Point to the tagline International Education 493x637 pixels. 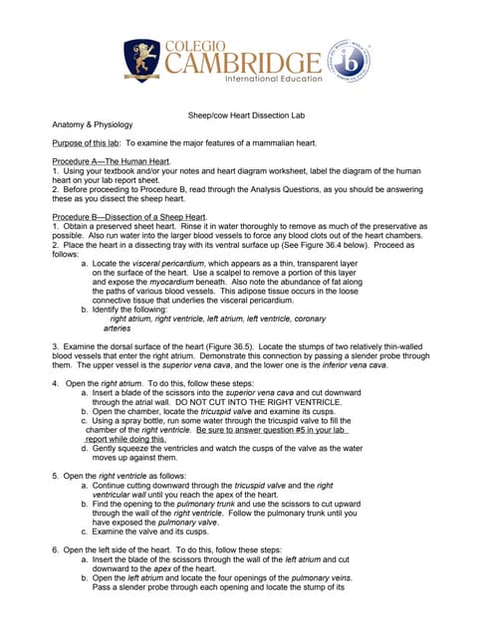(x=273, y=79)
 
